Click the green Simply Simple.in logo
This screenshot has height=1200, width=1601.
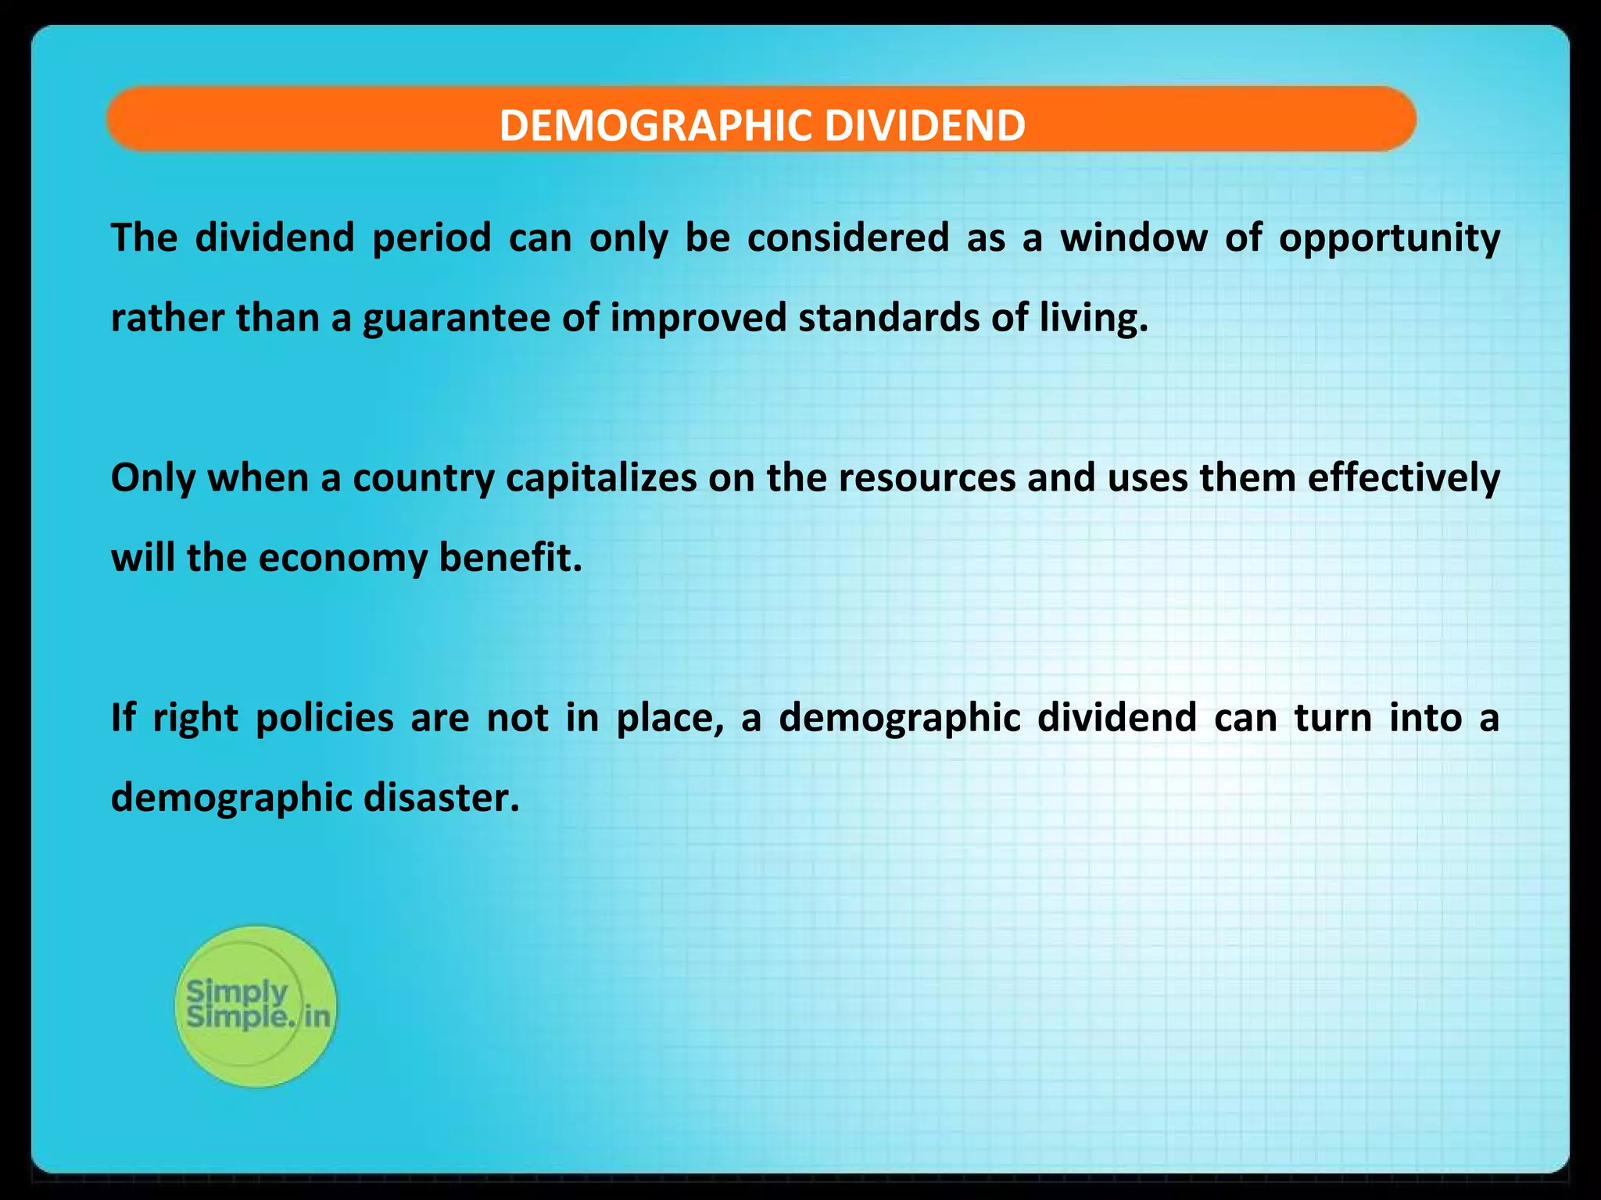click(256, 1005)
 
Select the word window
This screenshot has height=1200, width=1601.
click(1134, 237)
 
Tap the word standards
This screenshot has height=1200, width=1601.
click(889, 317)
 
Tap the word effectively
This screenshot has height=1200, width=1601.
click(1403, 478)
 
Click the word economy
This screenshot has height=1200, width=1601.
click(343, 559)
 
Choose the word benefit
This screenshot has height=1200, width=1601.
click(510, 558)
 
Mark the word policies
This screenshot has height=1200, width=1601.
click(324, 718)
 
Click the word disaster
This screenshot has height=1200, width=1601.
click(441, 798)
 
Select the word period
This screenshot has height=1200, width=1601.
click(432, 238)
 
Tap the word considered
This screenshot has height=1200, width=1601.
click(847, 237)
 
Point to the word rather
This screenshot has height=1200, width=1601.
click(167, 318)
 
